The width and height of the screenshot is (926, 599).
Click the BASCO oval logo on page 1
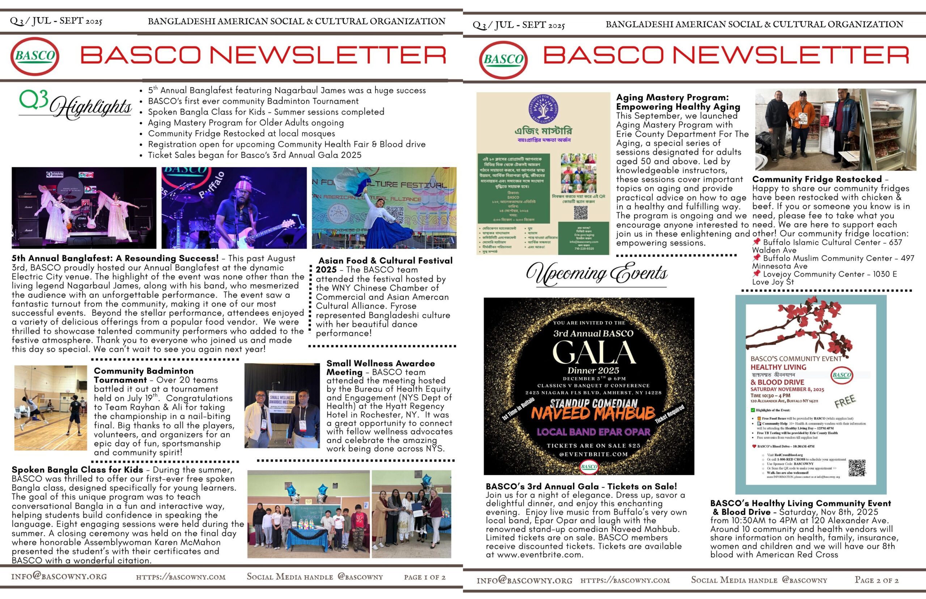35,56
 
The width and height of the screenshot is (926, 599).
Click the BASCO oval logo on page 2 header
504,60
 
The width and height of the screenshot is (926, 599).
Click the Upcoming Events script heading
597,273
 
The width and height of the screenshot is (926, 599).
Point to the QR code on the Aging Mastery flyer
580,213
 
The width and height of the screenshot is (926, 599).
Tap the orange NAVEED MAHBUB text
593,414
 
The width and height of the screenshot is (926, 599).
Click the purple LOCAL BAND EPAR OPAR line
593,432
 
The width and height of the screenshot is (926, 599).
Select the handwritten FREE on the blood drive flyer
845,401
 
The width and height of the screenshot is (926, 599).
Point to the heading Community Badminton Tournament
144,375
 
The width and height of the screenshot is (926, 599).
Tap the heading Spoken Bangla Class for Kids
77,470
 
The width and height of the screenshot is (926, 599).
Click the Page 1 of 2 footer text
425,577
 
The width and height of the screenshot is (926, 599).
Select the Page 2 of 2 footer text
876,580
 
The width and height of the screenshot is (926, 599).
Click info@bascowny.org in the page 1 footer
59,577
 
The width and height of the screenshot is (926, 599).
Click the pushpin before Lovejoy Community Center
756,273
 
